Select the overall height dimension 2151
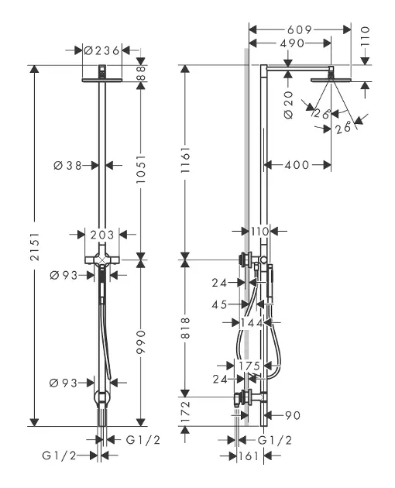point(33,246)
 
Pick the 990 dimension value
point(139,342)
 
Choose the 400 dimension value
point(298,164)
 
